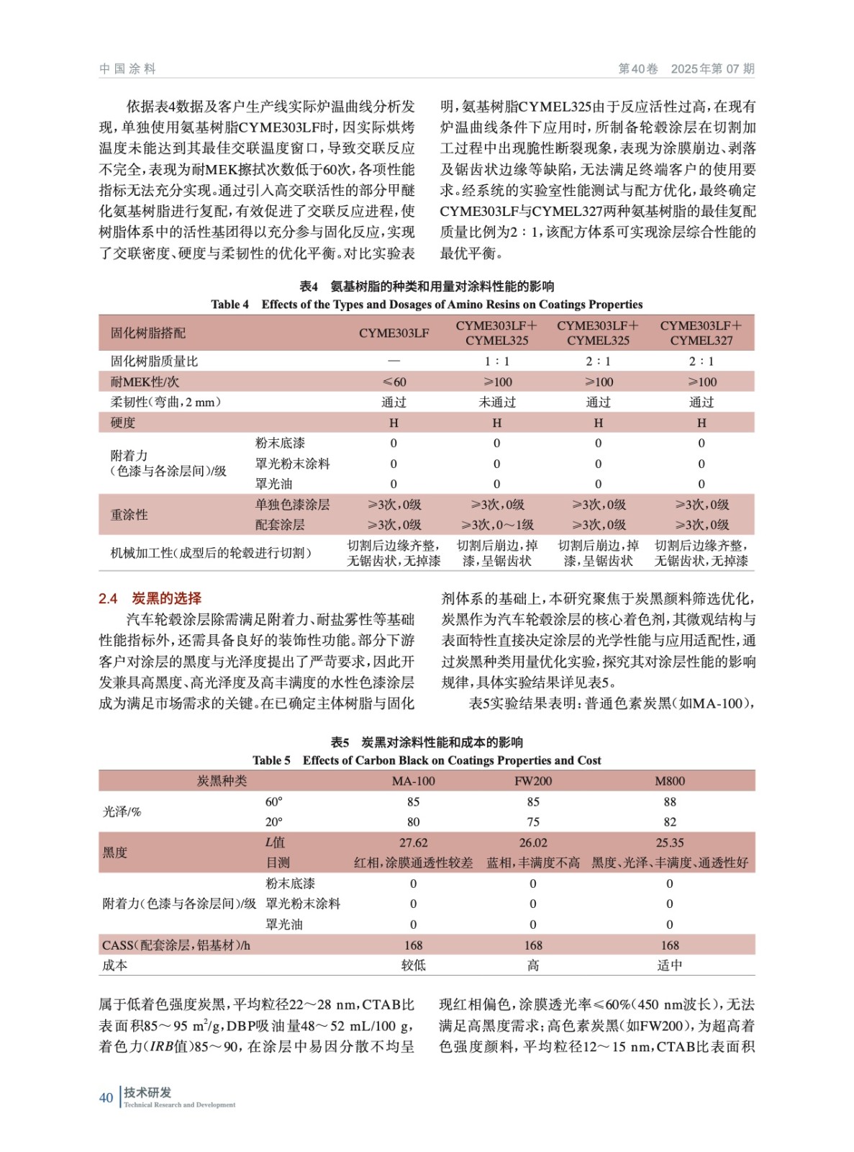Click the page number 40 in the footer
106,1097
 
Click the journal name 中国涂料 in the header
127,69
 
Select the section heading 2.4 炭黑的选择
150,598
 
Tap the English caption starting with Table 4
427,305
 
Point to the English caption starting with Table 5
427,760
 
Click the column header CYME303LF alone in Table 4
394,333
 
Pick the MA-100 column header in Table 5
413,781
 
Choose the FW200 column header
533,781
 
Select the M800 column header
670,781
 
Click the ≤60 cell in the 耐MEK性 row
394,382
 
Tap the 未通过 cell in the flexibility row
497,402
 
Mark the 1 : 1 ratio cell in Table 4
497,361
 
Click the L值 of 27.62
413,842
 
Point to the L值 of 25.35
670,842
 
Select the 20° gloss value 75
533,822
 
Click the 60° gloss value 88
670,802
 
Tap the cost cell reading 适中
670,966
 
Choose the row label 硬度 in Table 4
123,423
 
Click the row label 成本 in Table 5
115,966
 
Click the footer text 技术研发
147,1092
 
